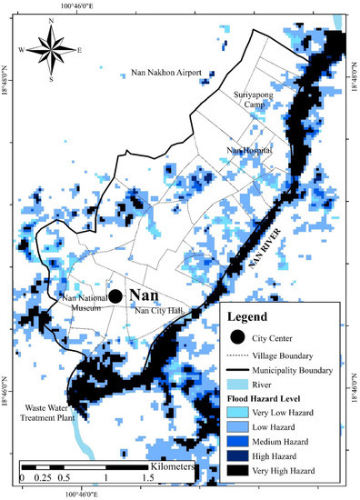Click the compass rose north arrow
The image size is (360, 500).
(x=52, y=39)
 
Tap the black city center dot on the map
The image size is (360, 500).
(x=115, y=296)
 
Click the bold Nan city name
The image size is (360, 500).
(x=144, y=295)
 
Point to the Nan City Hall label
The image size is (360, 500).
(x=161, y=312)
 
